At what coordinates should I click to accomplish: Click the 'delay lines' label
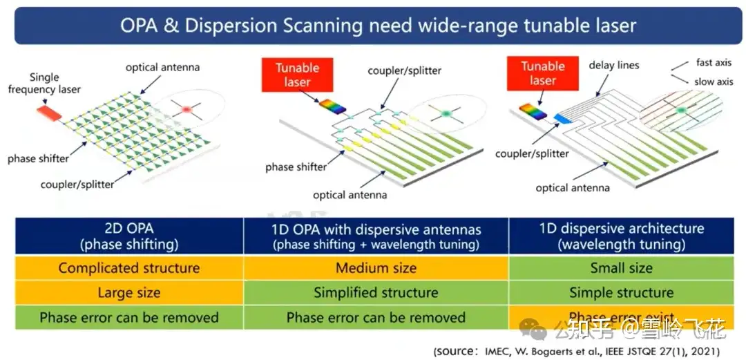tap(613, 65)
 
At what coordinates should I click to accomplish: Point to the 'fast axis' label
tap(713, 63)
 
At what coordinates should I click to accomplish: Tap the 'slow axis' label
tap(714, 82)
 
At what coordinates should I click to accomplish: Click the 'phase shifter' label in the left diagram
tap(38, 159)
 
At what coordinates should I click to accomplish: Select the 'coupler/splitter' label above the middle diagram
tap(404, 70)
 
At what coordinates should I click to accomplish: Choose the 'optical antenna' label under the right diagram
tap(573, 188)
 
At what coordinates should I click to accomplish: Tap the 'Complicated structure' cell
tap(128, 268)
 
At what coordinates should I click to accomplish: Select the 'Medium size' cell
tap(376, 268)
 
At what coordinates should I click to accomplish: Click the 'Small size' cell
tap(621, 268)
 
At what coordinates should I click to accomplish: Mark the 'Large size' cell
tap(128, 292)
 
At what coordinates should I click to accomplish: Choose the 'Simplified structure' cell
tap(376, 292)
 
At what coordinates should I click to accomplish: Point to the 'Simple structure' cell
tap(621, 292)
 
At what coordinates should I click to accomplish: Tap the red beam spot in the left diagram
tap(185, 109)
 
